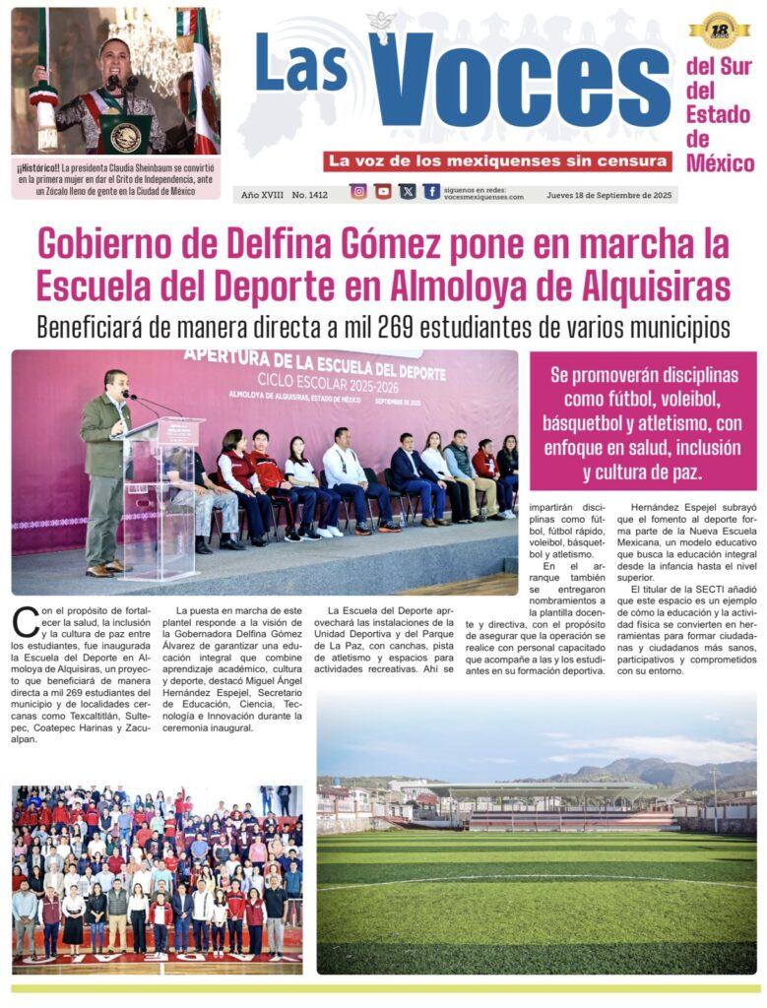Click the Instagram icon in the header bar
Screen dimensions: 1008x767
[x=358, y=192]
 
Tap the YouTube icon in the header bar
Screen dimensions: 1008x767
[x=383, y=192]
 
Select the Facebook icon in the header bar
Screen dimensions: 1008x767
[x=431, y=192]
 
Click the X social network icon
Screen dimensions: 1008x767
[x=408, y=192]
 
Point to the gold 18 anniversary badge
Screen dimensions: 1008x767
[x=719, y=31]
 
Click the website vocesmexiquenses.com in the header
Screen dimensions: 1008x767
[x=484, y=198]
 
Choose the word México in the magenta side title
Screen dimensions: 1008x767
[x=720, y=163]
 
